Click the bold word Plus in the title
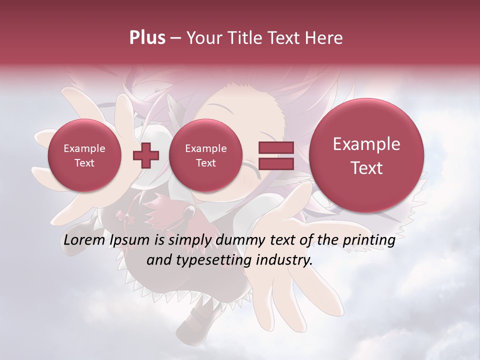click(x=147, y=38)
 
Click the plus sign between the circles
click(x=145, y=155)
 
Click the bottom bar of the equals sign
click(x=275, y=164)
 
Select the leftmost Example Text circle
click(x=84, y=155)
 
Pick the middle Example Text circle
click(x=205, y=155)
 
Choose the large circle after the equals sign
click(x=366, y=155)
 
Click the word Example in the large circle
click(x=366, y=144)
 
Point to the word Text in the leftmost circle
click(x=84, y=163)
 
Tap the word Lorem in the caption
click(x=84, y=240)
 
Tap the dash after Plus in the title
click(x=175, y=38)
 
